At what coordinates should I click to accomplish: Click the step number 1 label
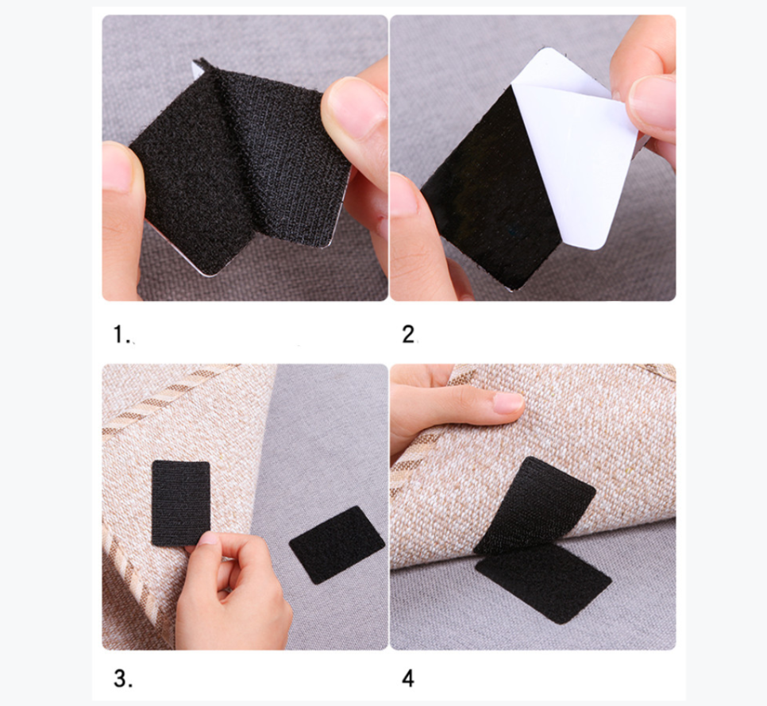[x=121, y=334]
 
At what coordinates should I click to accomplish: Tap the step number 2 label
[x=409, y=334]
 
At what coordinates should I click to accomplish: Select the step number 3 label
[x=123, y=678]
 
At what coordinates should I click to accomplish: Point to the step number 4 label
[x=408, y=678]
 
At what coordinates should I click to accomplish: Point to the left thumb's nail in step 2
[x=403, y=195]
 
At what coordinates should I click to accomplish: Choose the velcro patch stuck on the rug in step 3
[x=180, y=503]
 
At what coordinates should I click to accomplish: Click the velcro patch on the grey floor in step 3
[x=337, y=545]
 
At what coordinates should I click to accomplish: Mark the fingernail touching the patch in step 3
[x=208, y=538]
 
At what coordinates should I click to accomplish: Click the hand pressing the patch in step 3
[x=230, y=592]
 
